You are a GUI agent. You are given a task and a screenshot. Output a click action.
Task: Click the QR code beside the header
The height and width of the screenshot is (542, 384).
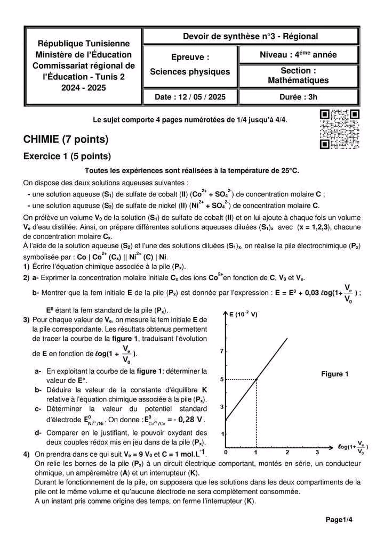coord(339,129)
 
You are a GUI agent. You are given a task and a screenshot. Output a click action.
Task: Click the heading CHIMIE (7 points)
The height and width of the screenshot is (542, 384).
coord(66,139)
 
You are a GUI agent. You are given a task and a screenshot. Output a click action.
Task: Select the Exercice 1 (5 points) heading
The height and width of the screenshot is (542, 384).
coord(67,157)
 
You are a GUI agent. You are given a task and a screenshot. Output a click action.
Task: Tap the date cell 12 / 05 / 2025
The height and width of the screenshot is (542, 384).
coord(190,97)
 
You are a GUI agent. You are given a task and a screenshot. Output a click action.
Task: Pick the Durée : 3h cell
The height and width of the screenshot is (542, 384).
coord(298,97)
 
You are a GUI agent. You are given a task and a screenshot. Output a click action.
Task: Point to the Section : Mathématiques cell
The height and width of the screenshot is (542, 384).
coord(298,76)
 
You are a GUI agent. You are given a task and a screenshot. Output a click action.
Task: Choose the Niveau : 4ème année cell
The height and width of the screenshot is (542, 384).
coord(298,54)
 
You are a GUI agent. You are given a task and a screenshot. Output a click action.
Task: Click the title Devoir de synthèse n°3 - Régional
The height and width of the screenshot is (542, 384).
coord(250,36)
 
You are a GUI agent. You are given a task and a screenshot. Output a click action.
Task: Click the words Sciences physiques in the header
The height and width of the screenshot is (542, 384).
coord(190,71)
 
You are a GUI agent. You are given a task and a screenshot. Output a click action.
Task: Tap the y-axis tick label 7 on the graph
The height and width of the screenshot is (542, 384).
coord(222,351)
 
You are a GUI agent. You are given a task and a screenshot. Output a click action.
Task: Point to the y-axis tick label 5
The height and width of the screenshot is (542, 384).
coord(222,379)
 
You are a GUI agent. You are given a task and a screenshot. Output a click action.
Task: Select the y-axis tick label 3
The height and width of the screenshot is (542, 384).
coord(222,407)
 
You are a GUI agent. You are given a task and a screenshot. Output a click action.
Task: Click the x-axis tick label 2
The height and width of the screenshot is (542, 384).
coord(287,453)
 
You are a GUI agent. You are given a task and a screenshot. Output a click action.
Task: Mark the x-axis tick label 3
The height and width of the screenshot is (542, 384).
coord(317,453)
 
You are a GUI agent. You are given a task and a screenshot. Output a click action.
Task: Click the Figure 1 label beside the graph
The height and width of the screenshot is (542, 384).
coord(334,374)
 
